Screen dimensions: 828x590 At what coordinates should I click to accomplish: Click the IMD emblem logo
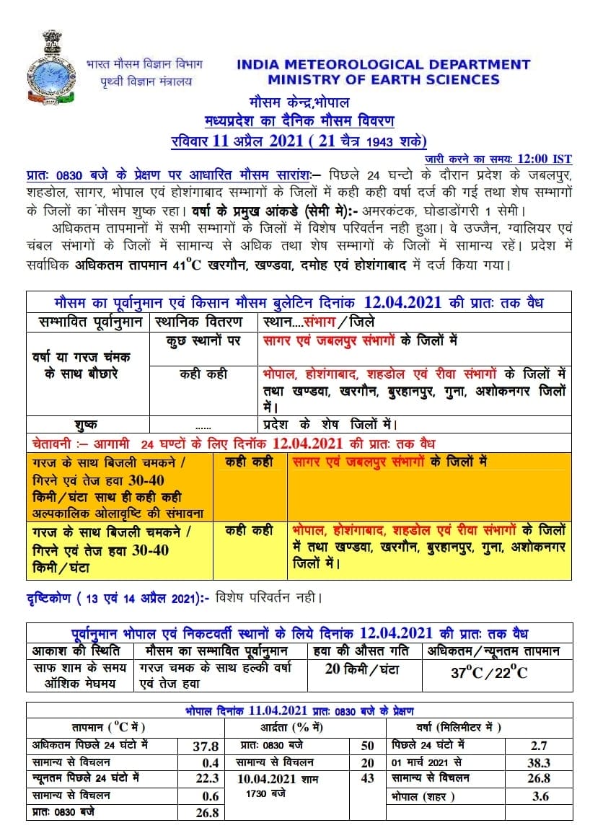pos(50,66)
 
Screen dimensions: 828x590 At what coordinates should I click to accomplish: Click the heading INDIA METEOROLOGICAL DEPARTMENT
pos(383,65)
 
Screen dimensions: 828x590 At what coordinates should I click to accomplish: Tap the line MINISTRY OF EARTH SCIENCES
pos(383,79)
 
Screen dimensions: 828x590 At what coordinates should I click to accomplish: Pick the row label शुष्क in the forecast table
pos(87,424)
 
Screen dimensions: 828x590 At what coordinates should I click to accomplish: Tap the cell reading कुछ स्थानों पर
pos(203,340)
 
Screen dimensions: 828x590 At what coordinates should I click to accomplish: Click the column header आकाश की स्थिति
pos(79,651)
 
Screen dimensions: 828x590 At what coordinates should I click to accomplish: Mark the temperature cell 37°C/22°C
pos(488,673)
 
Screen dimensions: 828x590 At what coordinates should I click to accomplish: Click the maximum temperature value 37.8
pos(206,746)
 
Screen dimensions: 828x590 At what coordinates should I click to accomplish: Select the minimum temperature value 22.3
pos(206,778)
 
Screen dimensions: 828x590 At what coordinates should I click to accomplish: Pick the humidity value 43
pos(367,778)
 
